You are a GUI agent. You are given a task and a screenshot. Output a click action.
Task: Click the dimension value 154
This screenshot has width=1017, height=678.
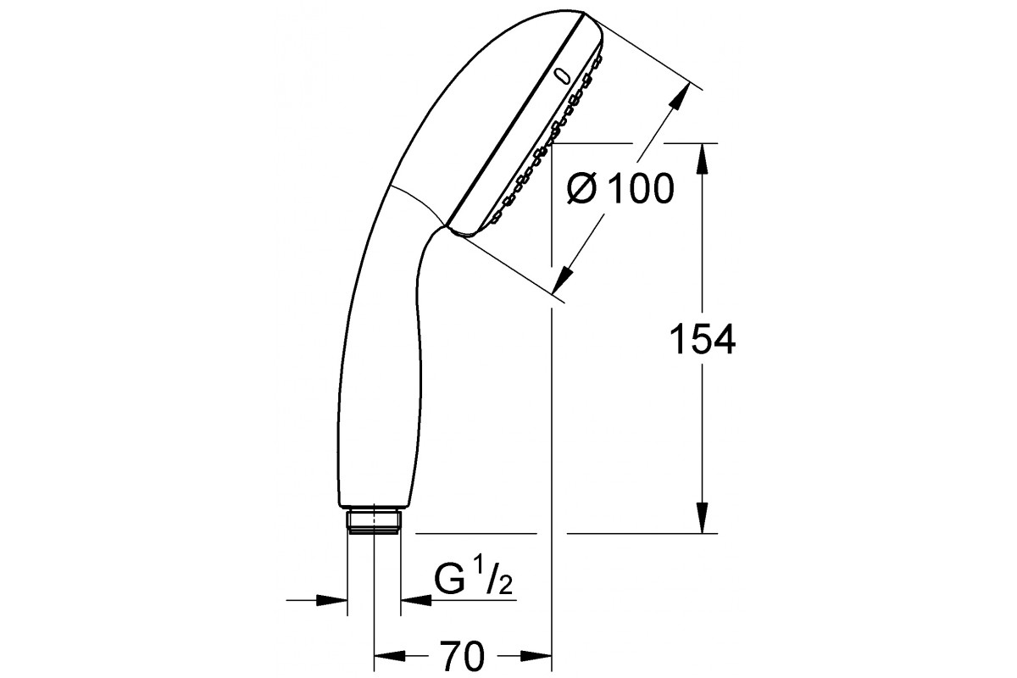(x=703, y=339)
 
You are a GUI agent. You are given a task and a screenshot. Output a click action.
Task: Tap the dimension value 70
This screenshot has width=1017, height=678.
(x=462, y=656)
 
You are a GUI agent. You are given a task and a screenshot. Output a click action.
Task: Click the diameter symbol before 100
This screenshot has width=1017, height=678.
(x=581, y=188)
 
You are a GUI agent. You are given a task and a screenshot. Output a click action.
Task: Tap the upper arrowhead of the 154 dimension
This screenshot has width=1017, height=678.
(x=703, y=158)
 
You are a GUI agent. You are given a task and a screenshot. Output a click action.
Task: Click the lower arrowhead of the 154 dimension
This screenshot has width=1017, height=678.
(x=703, y=518)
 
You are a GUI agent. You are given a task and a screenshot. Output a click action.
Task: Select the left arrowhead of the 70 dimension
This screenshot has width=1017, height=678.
(x=389, y=656)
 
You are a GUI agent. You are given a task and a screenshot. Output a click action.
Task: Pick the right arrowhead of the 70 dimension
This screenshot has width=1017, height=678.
(x=536, y=656)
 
